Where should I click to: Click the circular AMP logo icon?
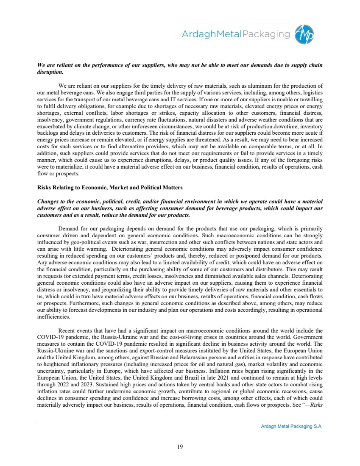(305, 34)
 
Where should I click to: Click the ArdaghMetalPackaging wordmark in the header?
(235, 34)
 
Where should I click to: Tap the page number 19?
(180, 447)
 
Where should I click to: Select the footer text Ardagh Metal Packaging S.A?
(291, 427)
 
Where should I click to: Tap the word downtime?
(293, 126)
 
